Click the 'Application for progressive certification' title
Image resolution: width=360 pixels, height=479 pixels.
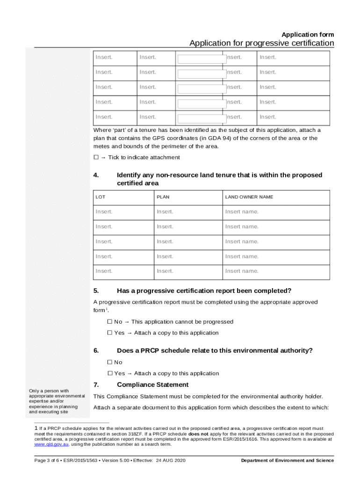click(261, 44)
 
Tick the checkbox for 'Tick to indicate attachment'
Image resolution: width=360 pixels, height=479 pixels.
click(96, 158)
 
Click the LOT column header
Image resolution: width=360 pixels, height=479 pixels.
click(101, 197)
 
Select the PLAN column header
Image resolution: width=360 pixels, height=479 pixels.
click(163, 197)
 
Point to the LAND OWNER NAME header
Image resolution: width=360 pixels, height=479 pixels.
click(249, 197)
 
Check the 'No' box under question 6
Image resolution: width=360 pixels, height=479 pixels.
click(110, 362)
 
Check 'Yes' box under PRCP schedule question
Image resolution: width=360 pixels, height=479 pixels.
click(110, 373)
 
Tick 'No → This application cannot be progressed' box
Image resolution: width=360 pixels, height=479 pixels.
click(110, 322)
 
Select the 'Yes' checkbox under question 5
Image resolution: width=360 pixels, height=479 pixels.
click(110, 333)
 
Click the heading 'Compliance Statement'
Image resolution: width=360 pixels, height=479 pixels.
click(152, 385)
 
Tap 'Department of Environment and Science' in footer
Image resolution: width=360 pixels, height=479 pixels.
click(287, 461)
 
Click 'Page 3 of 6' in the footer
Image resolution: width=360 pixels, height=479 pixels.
click(44, 461)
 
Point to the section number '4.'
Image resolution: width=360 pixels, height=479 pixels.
click(96, 175)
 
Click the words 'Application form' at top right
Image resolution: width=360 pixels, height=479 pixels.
click(308, 35)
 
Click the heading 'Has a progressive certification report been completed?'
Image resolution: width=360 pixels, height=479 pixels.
click(204, 290)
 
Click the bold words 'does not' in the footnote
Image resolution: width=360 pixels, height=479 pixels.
click(198, 434)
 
